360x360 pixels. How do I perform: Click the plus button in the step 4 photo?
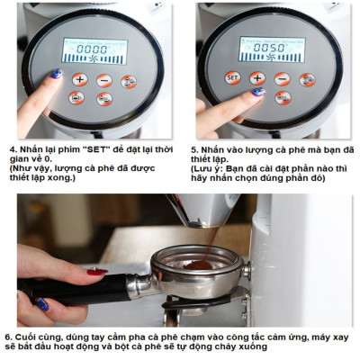pos(79,79)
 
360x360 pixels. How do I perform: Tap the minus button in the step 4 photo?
pos(104,79)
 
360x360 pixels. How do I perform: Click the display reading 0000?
pos(93,49)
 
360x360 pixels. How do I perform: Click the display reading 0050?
pos(269,47)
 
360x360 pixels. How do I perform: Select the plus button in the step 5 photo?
pos(256,77)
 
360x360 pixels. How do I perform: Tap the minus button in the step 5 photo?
pos(282,77)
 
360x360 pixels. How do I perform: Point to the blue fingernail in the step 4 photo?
pos(56,74)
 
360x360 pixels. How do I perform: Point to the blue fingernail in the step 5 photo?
pos(257,92)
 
